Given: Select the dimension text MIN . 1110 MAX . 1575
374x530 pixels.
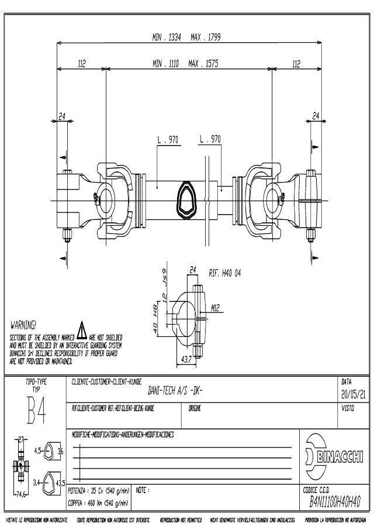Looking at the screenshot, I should (185, 64).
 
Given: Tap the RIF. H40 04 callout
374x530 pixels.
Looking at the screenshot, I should (224, 272).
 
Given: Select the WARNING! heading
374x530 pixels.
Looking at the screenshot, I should (23, 323).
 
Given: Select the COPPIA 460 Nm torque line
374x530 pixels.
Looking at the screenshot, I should (98, 503).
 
